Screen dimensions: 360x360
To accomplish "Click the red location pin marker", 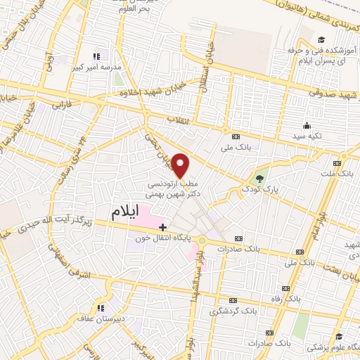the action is click(181, 166).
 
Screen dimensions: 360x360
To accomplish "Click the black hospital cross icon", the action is click(163, 226).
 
